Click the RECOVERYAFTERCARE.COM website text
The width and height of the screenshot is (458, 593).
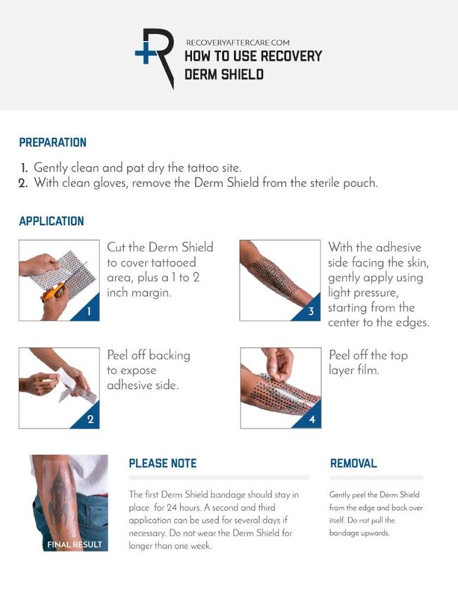point(239,43)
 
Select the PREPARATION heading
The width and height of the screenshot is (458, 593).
point(53,143)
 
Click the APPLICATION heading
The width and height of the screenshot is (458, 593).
point(52,221)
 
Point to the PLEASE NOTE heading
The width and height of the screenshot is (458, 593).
point(163,463)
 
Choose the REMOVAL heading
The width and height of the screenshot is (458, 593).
point(354,463)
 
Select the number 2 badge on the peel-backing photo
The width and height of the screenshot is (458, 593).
point(89,419)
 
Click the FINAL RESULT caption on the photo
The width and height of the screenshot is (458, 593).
point(75,544)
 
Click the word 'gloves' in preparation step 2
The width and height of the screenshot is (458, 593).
point(109,183)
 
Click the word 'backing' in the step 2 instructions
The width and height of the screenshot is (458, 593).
point(169,355)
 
